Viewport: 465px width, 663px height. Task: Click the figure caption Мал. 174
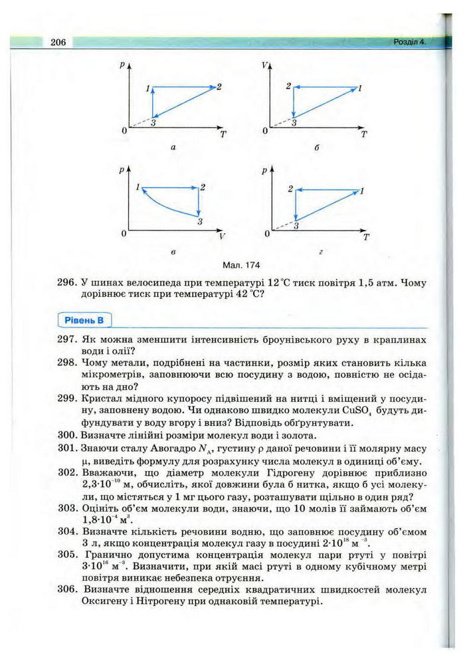(x=242, y=264)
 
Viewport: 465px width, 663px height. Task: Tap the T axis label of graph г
(x=365, y=238)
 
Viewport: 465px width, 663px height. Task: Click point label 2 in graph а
(x=219, y=86)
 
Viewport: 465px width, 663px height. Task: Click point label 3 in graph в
(x=199, y=222)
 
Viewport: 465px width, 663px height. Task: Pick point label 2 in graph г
(x=290, y=189)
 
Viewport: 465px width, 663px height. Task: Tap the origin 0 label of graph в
(x=124, y=234)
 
